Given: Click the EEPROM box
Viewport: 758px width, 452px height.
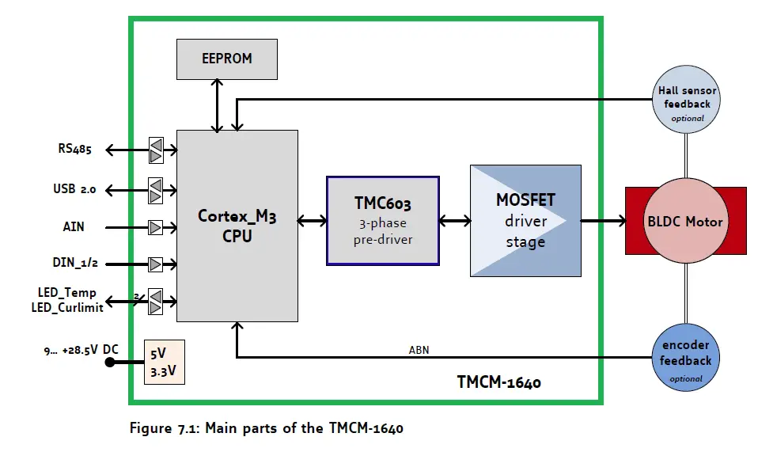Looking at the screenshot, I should [x=226, y=59].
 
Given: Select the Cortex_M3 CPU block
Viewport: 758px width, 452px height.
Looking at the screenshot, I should [x=237, y=226].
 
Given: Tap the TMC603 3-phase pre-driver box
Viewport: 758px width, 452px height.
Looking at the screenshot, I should [x=383, y=220].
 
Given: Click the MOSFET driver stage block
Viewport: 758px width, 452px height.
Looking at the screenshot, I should [x=525, y=221].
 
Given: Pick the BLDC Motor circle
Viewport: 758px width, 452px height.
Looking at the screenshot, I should [x=686, y=222].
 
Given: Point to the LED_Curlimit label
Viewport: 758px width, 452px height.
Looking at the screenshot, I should [x=70, y=308].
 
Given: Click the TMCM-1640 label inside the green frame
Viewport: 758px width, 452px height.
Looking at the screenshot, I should [x=498, y=383].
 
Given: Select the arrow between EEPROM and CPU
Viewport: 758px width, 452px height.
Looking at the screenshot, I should [x=216, y=105].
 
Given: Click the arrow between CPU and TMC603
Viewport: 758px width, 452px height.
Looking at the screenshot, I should [x=313, y=222].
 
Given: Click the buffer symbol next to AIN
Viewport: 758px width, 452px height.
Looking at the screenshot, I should [x=156, y=227].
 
